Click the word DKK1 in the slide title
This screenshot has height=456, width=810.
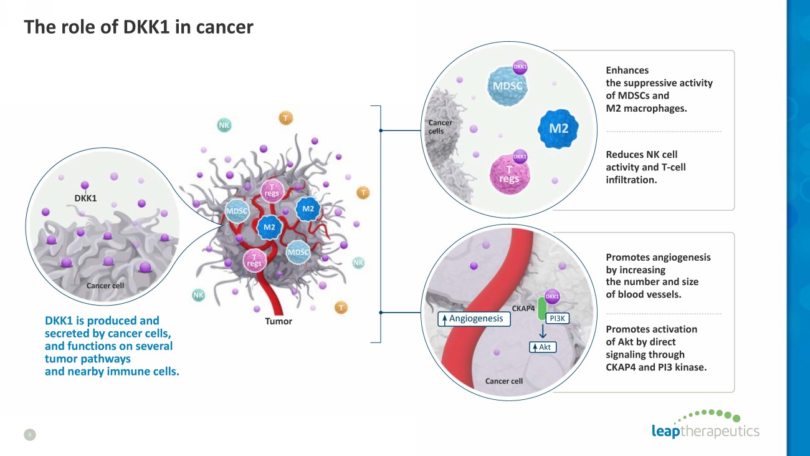click(146, 27)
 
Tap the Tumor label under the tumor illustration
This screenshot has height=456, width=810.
click(279, 321)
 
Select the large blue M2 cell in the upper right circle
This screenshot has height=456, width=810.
click(558, 129)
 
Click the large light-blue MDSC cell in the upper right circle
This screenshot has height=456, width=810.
click(507, 86)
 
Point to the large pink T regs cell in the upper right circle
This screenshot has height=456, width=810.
click(510, 175)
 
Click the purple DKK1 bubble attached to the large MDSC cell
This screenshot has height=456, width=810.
click(520, 67)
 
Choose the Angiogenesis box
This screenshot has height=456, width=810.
click(474, 319)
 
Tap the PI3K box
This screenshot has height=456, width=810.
click(557, 319)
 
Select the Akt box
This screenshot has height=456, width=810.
click(543, 347)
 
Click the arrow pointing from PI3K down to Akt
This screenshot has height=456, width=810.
click(543, 331)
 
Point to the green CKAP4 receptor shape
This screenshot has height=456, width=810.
click(541, 309)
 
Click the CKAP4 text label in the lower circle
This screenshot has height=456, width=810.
click(523, 308)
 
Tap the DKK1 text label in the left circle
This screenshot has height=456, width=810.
click(85, 198)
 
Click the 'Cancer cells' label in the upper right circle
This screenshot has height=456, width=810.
click(440, 127)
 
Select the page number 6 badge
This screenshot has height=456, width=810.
click(30, 435)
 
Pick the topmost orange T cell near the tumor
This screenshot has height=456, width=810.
click(285, 118)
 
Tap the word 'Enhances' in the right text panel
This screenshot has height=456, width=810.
click(627, 70)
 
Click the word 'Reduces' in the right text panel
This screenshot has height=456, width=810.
click(624, 155)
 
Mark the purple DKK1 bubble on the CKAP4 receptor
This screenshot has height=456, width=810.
click(552, 297)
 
